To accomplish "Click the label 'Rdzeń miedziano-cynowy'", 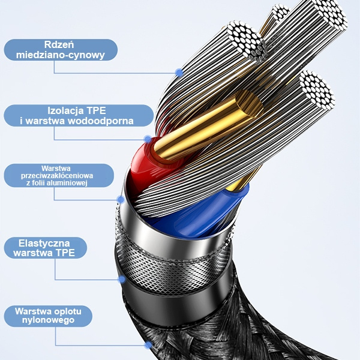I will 61,50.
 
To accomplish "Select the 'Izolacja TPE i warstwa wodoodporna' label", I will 79,116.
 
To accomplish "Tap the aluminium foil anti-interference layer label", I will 58,175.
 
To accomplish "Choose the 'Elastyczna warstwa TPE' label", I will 44,248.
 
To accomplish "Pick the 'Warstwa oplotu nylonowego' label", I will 53,316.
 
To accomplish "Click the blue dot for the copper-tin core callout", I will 179,73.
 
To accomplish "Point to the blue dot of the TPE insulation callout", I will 148,139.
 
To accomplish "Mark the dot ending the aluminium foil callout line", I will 121,199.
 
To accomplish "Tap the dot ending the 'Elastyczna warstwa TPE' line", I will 122,279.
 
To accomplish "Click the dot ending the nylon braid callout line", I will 148,345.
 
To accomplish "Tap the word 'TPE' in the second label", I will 98,110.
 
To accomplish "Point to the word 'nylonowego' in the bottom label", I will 53,321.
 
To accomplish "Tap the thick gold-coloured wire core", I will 204,126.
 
